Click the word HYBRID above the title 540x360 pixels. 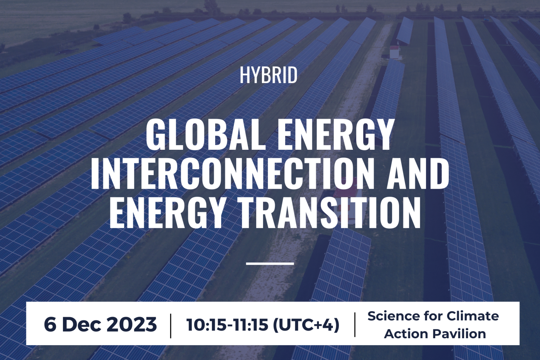pyautogui.click(x=268, y=76)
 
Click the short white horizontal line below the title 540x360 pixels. pyautogui.click(x=270, y=263)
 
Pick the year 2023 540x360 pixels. pyautogui.click(x=131, y=324)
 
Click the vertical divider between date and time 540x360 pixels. pyautogui.click(x=171, y=325)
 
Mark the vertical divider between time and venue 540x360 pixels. pyautogui.click(x=355, y=325)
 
